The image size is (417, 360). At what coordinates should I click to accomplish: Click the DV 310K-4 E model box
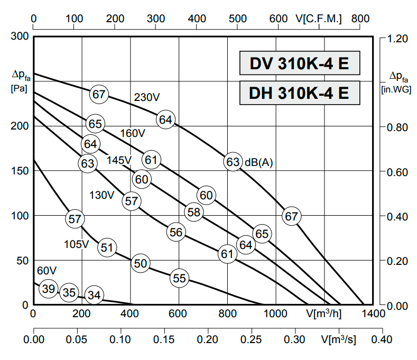[x=300, y=64]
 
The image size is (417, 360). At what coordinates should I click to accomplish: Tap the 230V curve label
[x=147, y=97]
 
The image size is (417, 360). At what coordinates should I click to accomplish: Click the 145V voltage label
[x=119, y=160]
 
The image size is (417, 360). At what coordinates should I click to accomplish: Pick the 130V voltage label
[x=101, y=195]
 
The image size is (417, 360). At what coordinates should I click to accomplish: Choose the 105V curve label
[x=77, y=244]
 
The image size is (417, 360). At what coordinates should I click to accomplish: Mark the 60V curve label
[x=47, y=271]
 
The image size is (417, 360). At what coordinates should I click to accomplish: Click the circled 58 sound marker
[x=194, y=212]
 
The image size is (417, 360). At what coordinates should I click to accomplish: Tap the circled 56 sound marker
[x=176, y=232]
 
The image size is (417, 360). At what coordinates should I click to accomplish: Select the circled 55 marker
[x=180, y=278]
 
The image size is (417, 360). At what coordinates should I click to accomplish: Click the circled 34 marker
[x=94, y=295]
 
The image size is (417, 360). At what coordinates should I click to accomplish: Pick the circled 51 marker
[x=107, y=247]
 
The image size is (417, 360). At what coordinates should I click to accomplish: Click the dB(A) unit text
[x=258, y=162]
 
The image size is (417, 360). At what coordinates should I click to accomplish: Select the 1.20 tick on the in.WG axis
[x=397, y=39]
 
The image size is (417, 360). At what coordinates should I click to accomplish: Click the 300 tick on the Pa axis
[x=19, y=37]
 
